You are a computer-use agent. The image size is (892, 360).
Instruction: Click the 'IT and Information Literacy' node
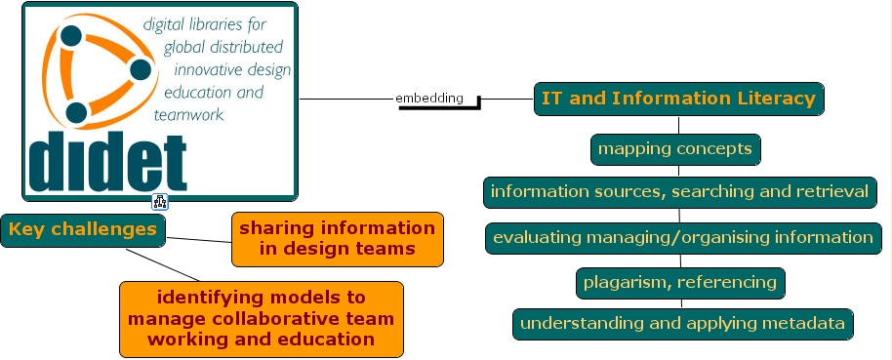(678, 99)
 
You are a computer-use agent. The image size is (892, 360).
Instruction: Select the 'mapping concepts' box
(675, 149)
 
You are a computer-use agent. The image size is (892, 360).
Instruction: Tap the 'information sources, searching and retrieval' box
(680, 192)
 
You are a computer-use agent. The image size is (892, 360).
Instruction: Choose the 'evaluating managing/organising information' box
(683, 238)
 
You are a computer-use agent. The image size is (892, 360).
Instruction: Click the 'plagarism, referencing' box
(680, 283)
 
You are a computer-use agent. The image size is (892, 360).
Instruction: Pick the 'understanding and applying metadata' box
(682, 324)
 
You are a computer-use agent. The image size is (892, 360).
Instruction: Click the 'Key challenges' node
(83, 230)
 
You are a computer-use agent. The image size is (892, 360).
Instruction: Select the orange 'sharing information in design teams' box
(338, 239)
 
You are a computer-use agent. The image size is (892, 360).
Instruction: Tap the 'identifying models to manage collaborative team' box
(262, 319)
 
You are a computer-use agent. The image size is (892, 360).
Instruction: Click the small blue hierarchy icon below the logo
(160, 201)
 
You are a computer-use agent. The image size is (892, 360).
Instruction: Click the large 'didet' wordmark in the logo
(107, 163)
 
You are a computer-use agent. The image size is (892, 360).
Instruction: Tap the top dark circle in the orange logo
(71, 36)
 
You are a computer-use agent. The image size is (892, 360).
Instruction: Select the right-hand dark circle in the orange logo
(141, 70)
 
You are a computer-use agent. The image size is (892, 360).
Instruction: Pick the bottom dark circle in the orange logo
(77, 112)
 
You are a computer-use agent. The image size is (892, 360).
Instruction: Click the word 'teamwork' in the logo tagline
(189, 115)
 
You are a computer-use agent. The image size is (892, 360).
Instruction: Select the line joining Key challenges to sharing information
(198, 240)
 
